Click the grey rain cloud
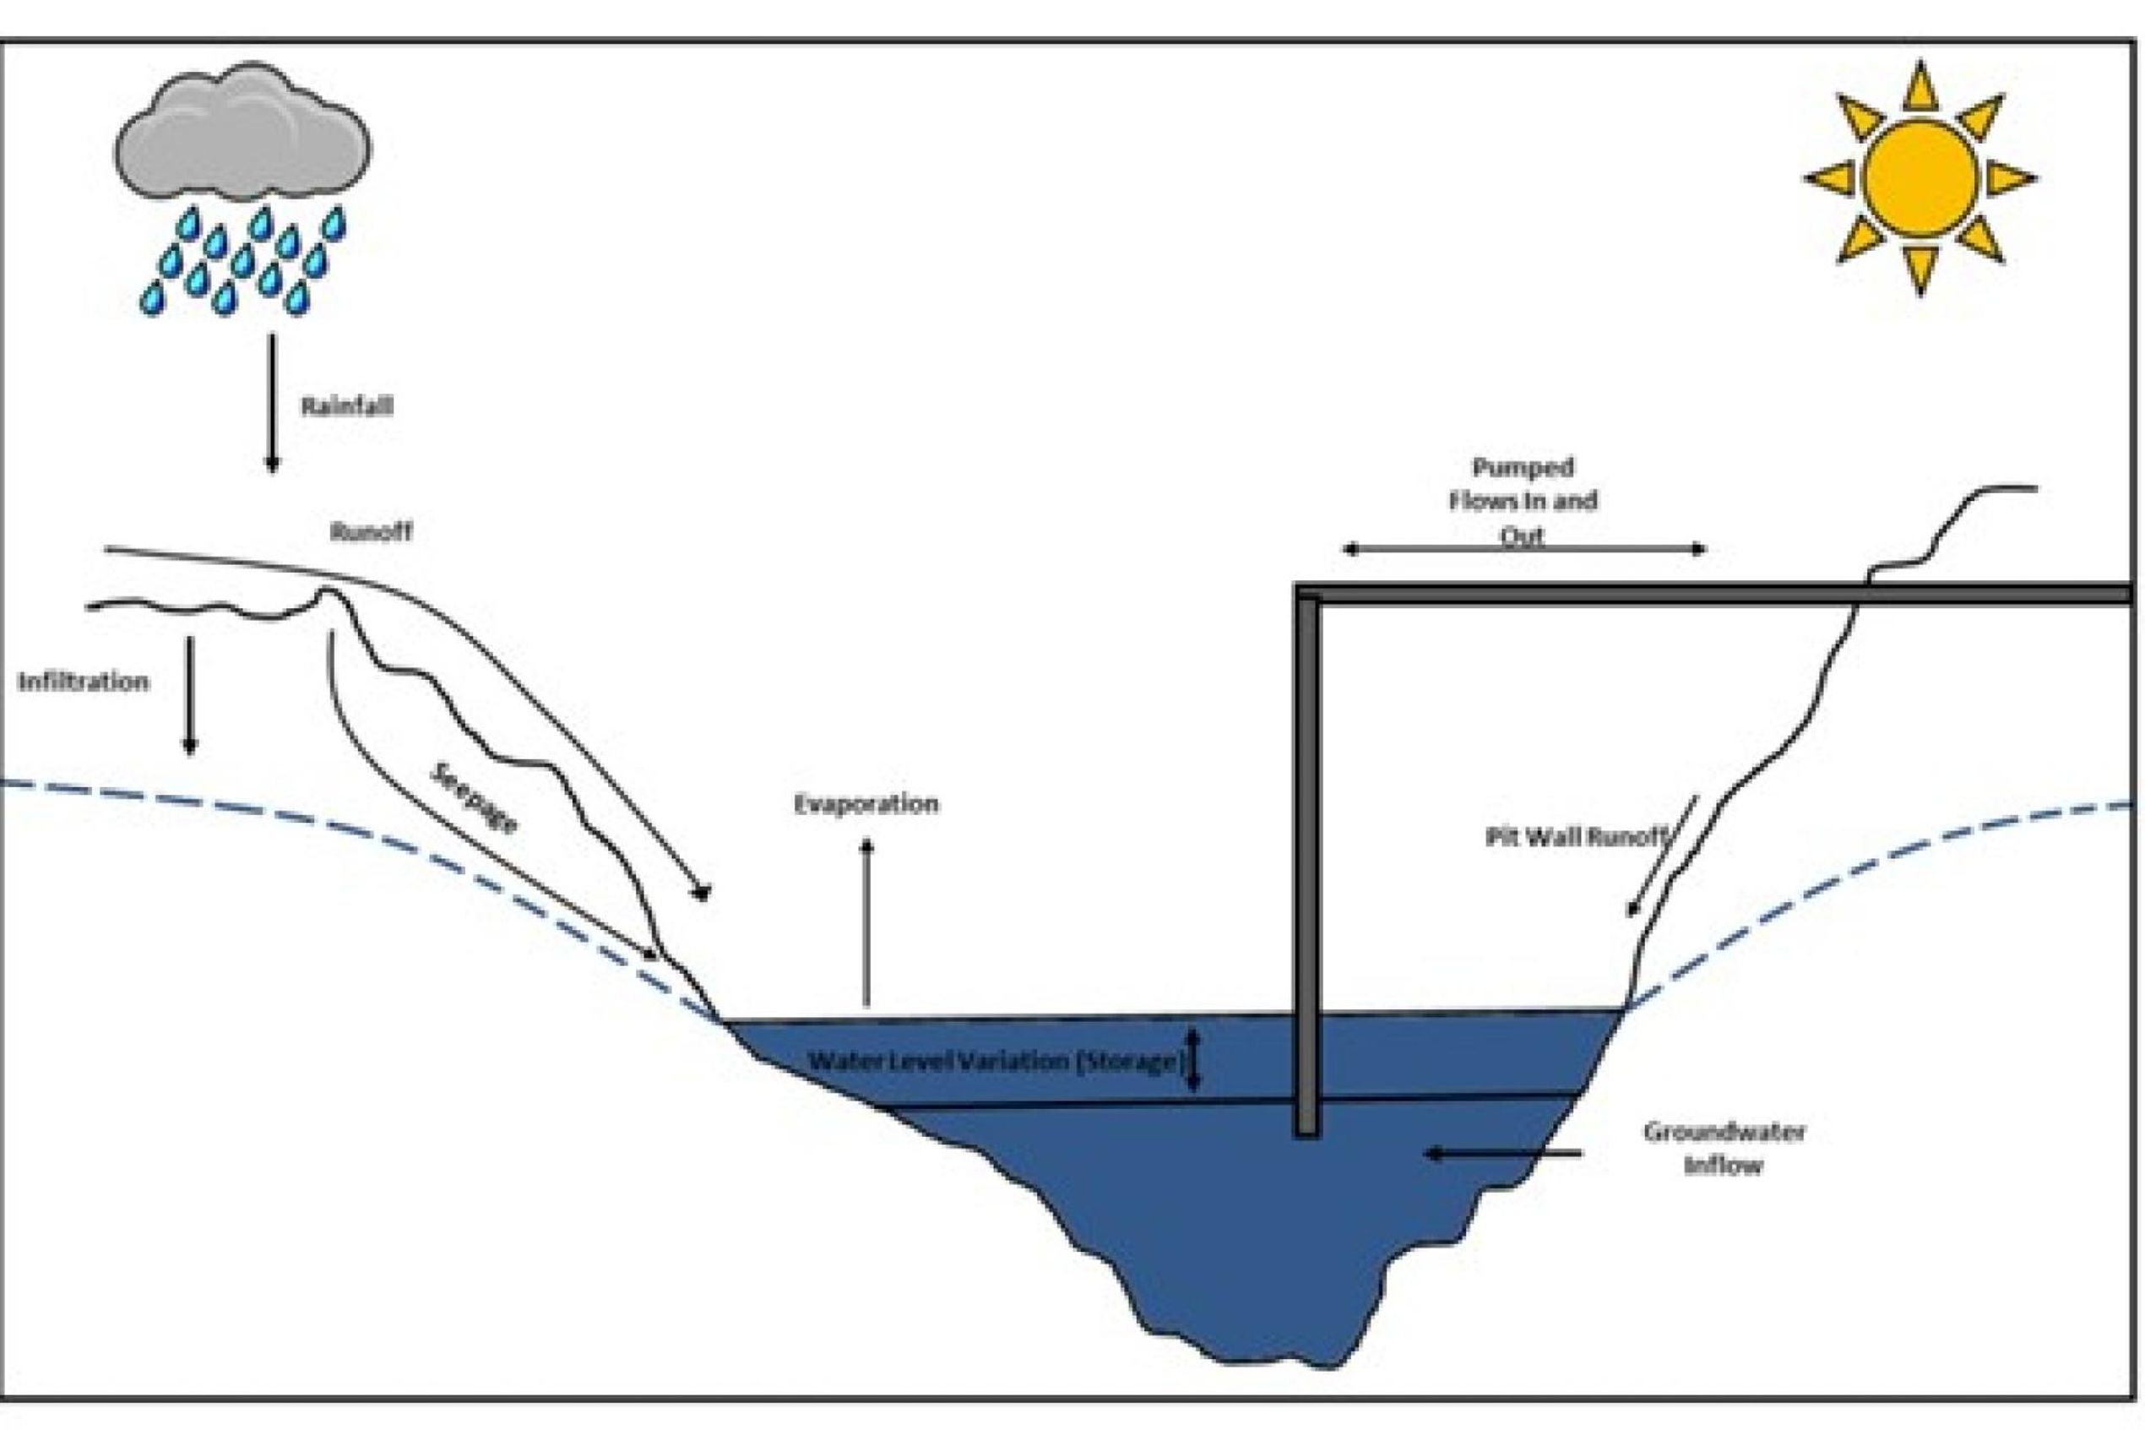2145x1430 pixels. (x=242, y=133)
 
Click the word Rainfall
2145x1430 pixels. (x=347, y=405)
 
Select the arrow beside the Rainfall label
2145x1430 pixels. (x=272, y=401)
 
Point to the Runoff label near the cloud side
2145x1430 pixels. (x=371, y=531)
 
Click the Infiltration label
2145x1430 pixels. (x=83, y=682)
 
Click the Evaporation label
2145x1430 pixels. (x=866, y=804)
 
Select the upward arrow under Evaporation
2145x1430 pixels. (x=867, y=922)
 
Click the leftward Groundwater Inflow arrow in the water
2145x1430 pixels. (x=1504, y=1155)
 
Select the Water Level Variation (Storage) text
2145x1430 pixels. (x=996, y=1062)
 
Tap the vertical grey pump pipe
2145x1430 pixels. (x=1307, y=867)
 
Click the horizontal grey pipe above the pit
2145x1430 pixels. (x=1713, y=594)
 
